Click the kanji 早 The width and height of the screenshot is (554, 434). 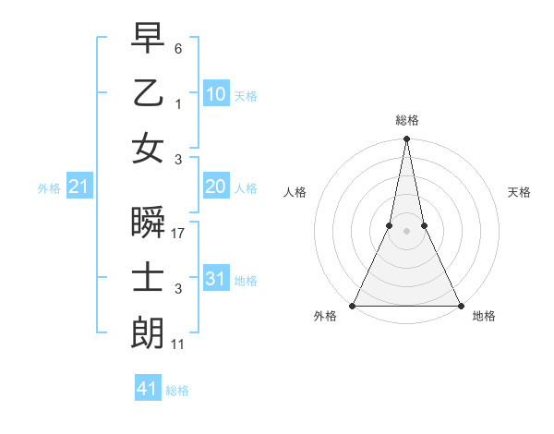pyautogui.click(x=148, y=40)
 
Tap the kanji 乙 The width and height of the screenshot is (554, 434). pyautogui.click(x=148, y=94)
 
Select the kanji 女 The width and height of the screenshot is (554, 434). pyautogui.click(x=148, y=150)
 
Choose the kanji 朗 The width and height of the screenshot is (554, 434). pyautogui.click(x=148, y=332)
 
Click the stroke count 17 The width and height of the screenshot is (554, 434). pyautogui.click(x=179, y=234)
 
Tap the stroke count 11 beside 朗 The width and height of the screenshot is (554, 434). pyautogui.click(x=179, y=344)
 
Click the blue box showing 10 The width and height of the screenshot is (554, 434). pyautogui.click(x=216, y=94)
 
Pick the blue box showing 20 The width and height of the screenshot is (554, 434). pyautogui.click(x=216, y=187)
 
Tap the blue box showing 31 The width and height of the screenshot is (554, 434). pyautogui.click(x=216, y=279)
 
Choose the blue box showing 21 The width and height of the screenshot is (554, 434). pyautogui.click(x=79, y=187)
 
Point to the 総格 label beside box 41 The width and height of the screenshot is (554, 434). pyautogui.click(x=177, y=391)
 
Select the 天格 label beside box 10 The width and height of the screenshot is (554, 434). pyautogui.click(x=245, y=95)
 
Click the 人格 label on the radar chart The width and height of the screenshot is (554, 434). pyautogui.click(x=295, y=192)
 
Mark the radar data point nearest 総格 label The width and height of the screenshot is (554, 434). pyautogui.click(x=406, y=139)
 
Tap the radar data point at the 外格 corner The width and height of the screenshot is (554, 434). pyautogui.click(x=354, y=306)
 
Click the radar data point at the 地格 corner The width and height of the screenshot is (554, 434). pyautogui.click(x=460, y=306)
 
